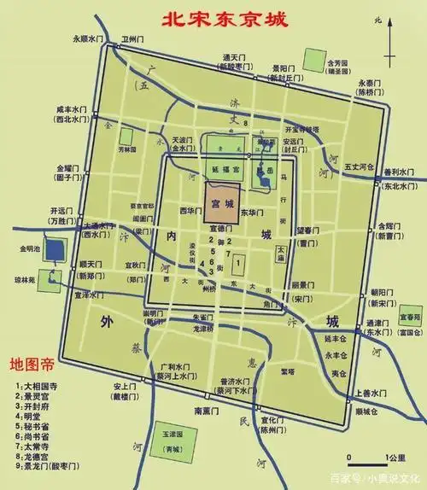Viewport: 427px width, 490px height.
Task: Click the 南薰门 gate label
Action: [x=209, y=412]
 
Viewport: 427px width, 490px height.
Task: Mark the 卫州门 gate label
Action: [x=131, y=38]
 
